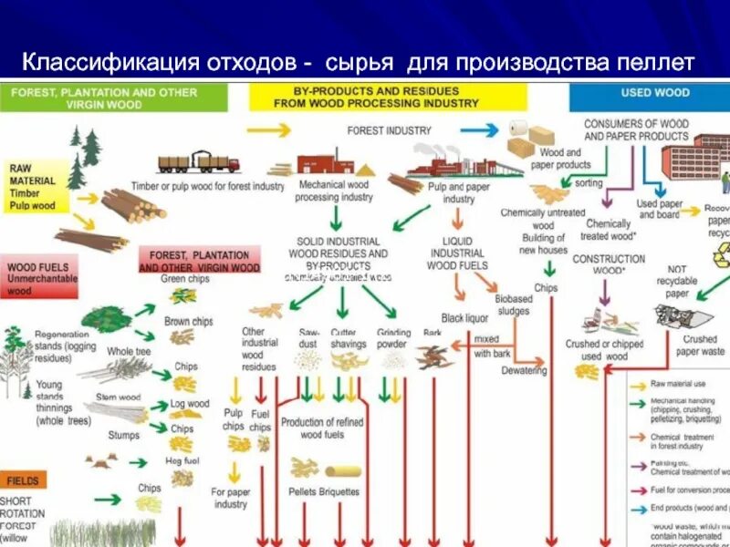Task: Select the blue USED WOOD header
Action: coord(655,92)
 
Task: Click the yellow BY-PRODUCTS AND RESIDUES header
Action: coord(387,98)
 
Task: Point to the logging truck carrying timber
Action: coord(198,164)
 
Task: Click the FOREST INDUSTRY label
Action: coord(389,130)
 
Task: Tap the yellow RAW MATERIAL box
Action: coord(36,187)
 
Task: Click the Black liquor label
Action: coord(464,318)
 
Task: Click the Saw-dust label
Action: coord(309,338)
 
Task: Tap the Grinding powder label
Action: coord(391,338)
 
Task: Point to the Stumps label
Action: coord(123,436)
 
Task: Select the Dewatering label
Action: coord(524,371)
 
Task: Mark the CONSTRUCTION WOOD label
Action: coord(609,264)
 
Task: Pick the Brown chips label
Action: coord(188,322)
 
